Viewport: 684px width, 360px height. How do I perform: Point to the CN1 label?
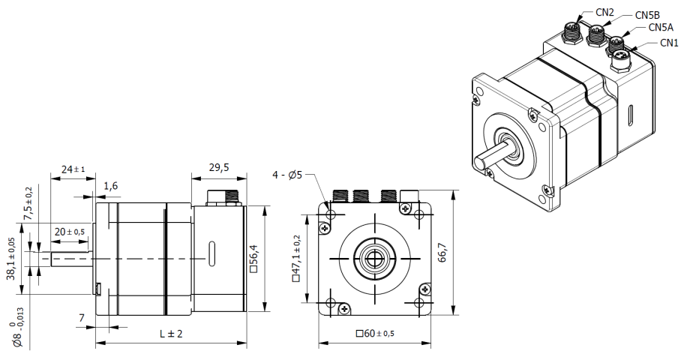[x=669, y=43]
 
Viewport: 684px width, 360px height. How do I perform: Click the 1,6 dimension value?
[x=112, y=185]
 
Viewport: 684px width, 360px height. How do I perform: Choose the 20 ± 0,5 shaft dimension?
[x=69, y=232]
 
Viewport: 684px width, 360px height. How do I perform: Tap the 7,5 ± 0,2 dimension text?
[x=29, y=203]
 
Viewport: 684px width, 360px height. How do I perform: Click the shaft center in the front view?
[x=373, y=258]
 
